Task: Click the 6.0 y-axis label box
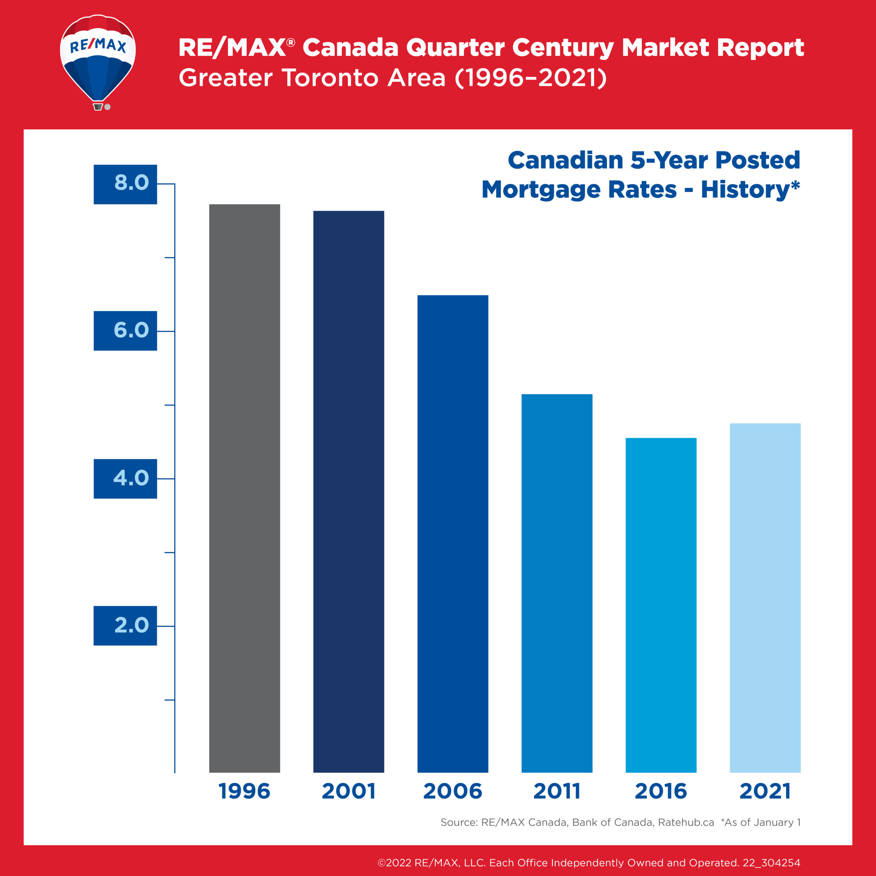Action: [126, 331]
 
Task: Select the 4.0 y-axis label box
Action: [126, 478]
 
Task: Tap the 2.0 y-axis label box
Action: [126, 626]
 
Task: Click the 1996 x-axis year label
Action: [244, 791]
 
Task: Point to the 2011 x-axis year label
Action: [557, 791]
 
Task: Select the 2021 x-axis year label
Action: [765, 791]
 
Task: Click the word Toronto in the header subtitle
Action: [330, 78]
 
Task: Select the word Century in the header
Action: [563, 48]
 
